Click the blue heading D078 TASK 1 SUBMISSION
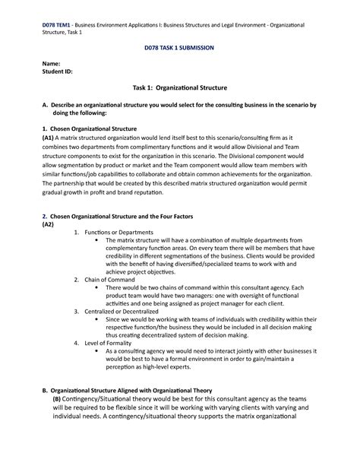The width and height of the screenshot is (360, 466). (179, 47)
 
